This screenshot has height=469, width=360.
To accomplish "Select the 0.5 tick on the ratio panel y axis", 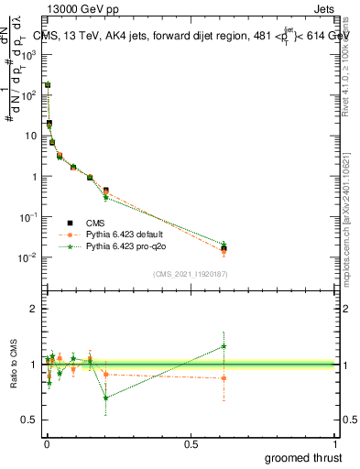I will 32,420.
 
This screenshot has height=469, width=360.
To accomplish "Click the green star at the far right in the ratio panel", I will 224,346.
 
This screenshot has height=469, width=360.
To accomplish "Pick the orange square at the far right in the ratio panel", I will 224,377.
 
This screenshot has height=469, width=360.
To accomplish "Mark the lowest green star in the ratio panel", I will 106,398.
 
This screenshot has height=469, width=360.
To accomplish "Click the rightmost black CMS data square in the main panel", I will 224,247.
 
